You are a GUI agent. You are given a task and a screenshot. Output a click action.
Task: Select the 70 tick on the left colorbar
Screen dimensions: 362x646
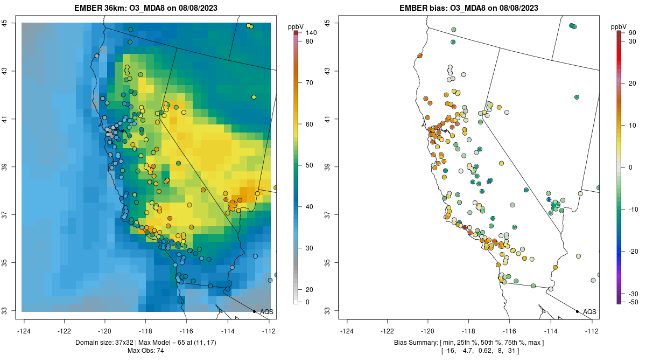click(310, 83)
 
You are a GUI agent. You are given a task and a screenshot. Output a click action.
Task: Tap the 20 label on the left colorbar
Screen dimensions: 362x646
click(310, 289)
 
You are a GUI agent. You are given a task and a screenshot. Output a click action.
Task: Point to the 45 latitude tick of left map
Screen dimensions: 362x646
click(12, 23)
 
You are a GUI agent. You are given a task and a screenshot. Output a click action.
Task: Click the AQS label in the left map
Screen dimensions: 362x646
click(267, 311)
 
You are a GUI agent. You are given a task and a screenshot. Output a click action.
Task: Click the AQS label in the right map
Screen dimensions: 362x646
click(590, 311)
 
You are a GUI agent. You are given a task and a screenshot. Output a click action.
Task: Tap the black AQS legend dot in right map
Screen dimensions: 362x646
click(577, 311)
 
